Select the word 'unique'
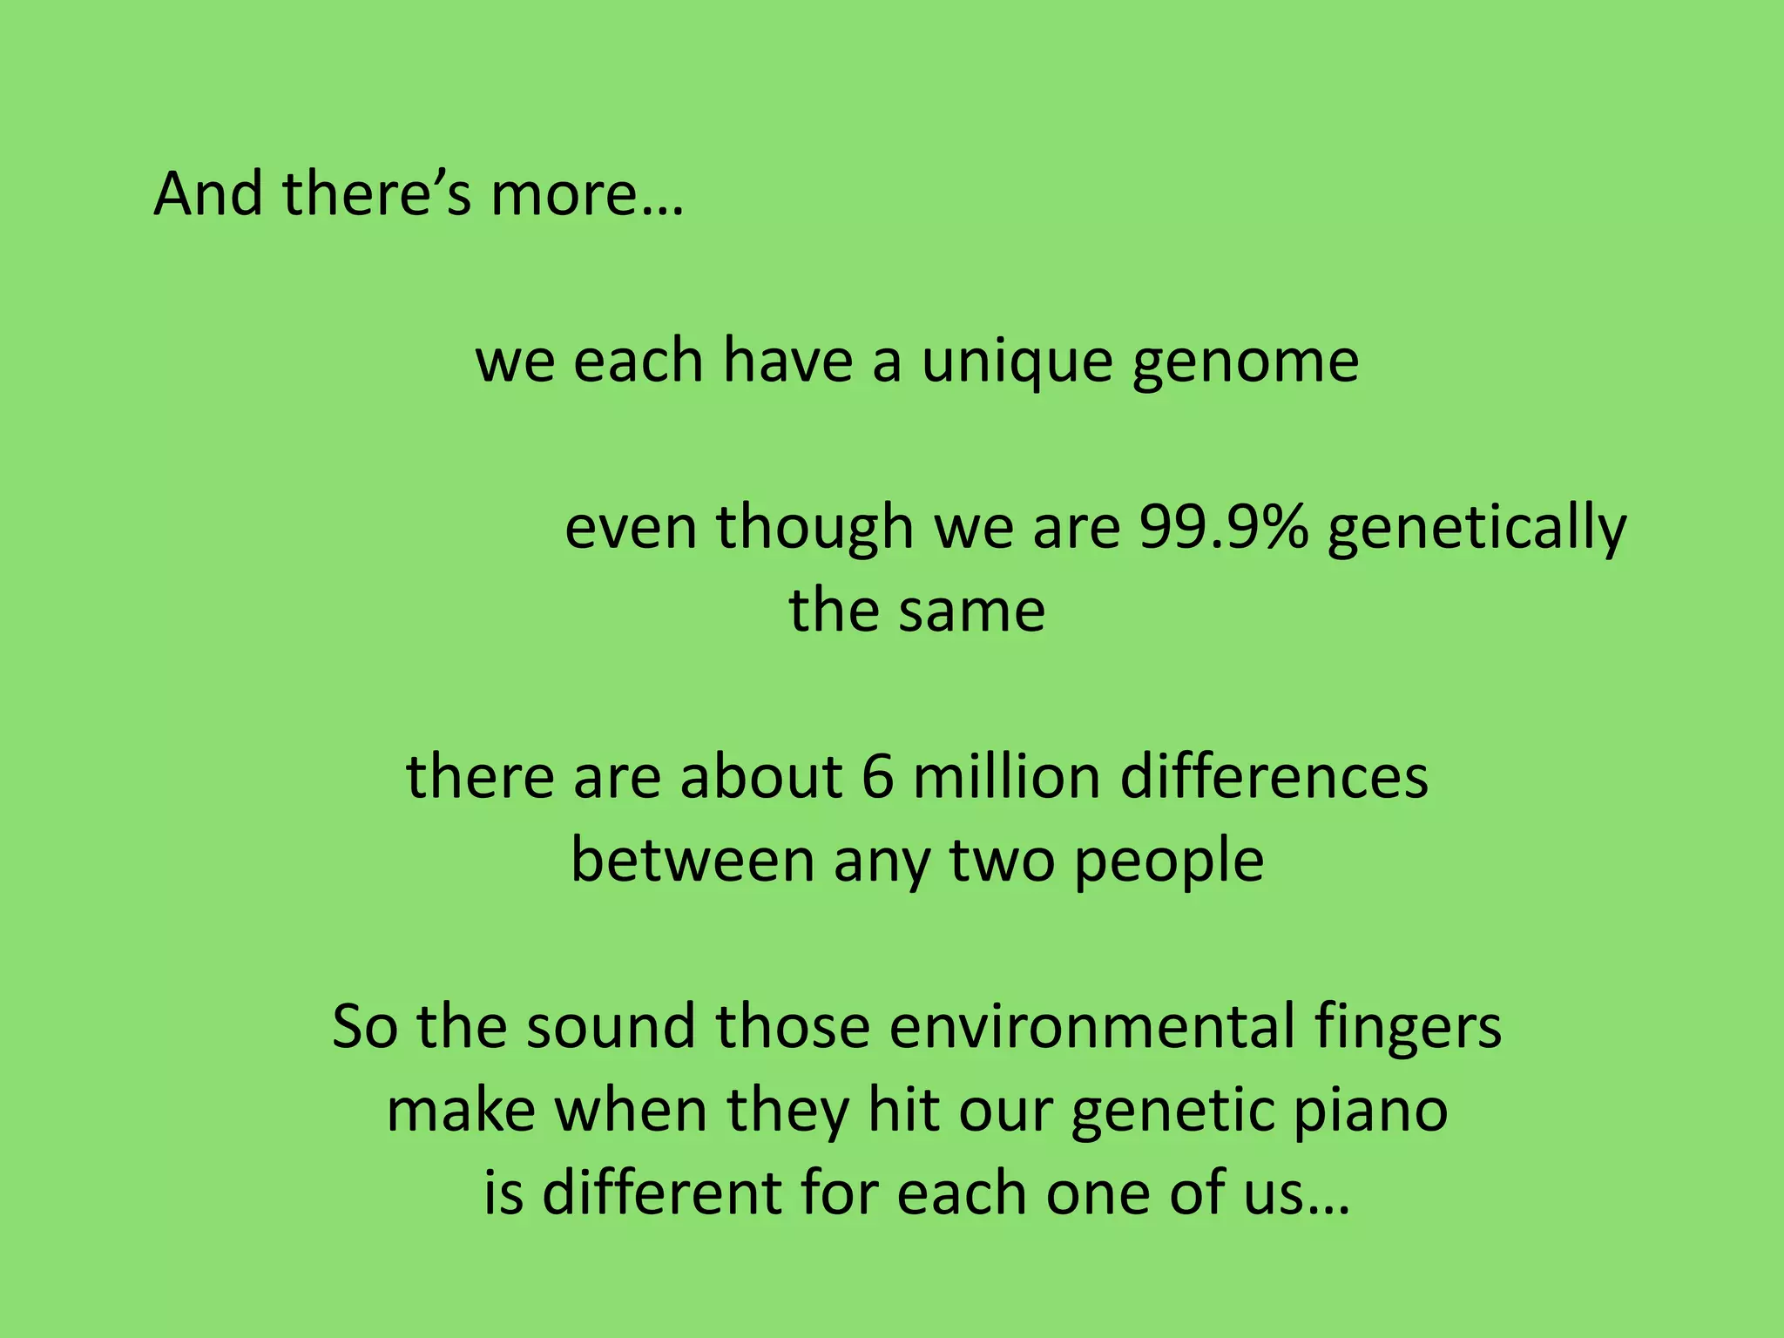1017,362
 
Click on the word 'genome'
1246,362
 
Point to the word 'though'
814,528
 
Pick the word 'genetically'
1477,528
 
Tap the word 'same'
972,611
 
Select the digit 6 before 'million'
878,776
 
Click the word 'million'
1006,776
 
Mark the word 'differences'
1274,776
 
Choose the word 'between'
693,860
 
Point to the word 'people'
1169,860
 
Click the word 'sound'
610,1026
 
